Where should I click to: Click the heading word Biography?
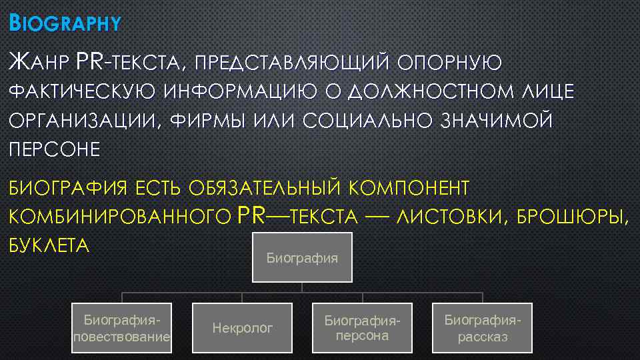coord(65,25)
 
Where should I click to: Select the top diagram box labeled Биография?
coord(302,257)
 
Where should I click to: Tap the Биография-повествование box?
coord(121,327)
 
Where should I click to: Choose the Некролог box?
coord(242,327)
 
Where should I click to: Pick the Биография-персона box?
coord(362,327)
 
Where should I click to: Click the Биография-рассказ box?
coord(482,327)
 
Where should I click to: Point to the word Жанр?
coord(38,63)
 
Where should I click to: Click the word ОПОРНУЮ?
coord(449,63)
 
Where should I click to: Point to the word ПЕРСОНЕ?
coord(53,150)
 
